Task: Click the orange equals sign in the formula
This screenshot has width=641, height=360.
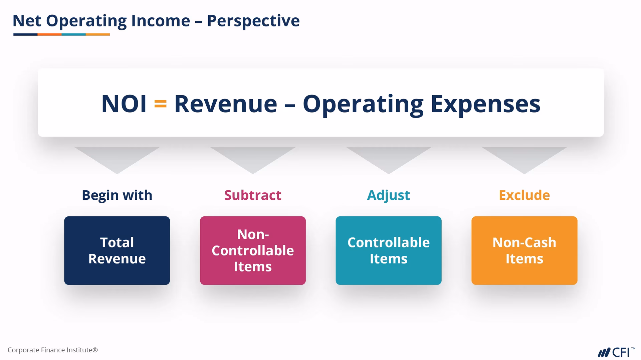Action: coord(160,104)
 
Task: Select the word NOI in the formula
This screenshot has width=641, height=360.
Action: coord(124,104)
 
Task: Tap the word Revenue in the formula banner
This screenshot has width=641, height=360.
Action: coord(226,104)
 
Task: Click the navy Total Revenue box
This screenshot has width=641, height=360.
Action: coord(117,250)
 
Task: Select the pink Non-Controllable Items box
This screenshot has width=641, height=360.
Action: coord(253,250)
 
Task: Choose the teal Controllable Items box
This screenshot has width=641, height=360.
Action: coord(389,250)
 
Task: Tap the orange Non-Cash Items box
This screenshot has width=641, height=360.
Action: coord(524,250)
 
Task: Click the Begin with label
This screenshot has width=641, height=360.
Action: coord(117,195)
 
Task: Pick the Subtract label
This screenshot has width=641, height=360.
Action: coord(253,195)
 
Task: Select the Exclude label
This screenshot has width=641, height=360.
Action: coord(524,195)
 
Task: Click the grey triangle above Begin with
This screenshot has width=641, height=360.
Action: coord(117,157)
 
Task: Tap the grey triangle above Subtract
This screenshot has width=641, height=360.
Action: coord(253,157)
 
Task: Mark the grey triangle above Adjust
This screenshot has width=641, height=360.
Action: coord(389,157)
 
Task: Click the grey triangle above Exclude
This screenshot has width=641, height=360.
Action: coord(524,157)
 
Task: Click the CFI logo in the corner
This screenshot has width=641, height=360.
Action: coord(616,352)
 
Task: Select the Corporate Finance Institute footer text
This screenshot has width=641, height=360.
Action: coord(53,350)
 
